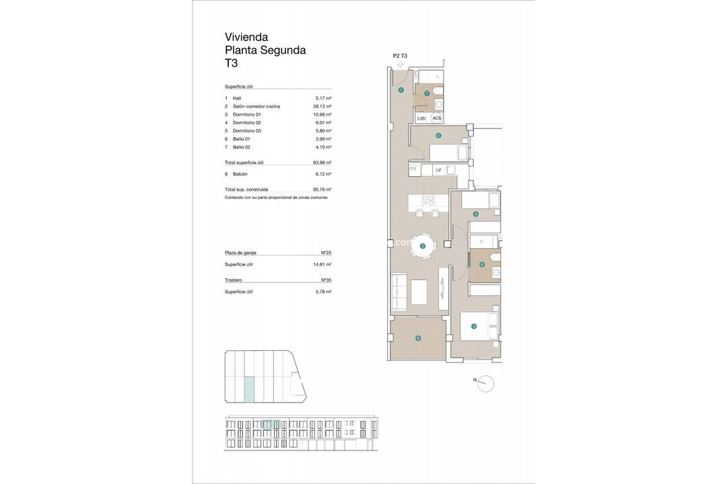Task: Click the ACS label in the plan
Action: click(437, 118)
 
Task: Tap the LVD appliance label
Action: click(422, 118)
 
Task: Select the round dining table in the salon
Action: click(423, 246)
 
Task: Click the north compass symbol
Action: click(486, 383)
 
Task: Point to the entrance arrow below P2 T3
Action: click(400, 65)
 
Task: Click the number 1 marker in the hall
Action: click(401, 90)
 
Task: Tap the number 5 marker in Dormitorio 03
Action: click(438, 135)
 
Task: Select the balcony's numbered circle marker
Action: click(418, 338)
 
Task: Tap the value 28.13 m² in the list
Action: click(322, 106)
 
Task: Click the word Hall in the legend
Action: click(237, 98)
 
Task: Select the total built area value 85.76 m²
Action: click(322, 190)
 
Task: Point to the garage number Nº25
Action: click(326, 253)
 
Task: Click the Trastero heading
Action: click(234, 280)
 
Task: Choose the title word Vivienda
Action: click(246, 37)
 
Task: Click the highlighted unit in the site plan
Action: click(249, 389)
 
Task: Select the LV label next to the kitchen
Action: click(438, 170)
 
